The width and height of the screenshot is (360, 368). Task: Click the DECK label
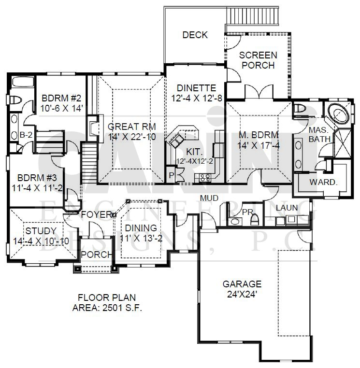[195, 35]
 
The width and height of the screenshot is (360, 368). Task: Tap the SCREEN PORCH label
[258, 60]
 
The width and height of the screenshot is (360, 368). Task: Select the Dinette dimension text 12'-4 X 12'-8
[197, 98]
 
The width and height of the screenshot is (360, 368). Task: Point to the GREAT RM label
[132, 127]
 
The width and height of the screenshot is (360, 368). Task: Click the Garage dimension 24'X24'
[242, 294]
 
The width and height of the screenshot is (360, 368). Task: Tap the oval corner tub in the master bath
[338, 113]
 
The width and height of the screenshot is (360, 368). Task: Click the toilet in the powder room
[255, 219]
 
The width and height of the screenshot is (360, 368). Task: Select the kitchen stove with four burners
[204, 178]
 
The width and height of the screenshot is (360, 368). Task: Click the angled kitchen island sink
[176, 140]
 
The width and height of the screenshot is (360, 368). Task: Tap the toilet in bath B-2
[15, 100]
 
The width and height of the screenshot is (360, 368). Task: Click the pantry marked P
[171, 175]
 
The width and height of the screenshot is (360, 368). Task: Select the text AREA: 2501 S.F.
[107, 308]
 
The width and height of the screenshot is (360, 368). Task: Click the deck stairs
[253, 15]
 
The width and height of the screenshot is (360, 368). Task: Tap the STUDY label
[41, 231]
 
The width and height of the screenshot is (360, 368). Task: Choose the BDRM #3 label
[37, 178]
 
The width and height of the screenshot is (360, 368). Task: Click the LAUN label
[287, 208]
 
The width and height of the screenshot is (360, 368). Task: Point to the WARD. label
[323, 182]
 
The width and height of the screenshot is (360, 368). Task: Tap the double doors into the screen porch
[259, 92]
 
